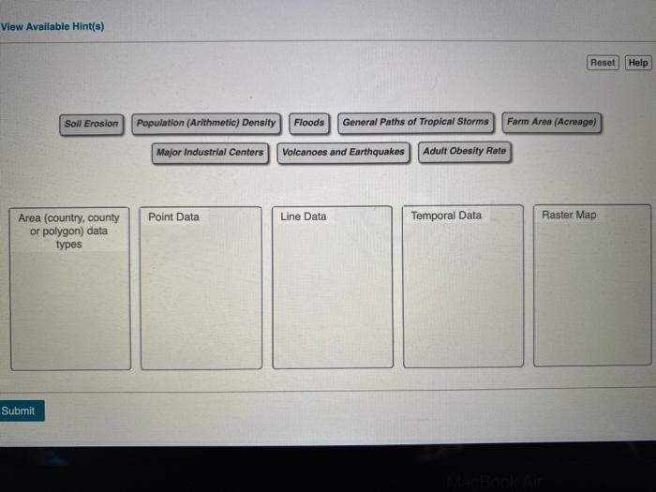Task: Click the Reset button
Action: point(603,63)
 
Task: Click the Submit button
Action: point(19,410)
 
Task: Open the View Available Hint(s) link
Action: point(52,26)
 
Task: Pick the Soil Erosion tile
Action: point(92,123)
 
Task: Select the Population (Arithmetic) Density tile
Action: point(206,122)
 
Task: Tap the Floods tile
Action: point(309,122)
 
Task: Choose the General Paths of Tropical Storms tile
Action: point(416,122)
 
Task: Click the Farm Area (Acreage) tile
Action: point(552,122)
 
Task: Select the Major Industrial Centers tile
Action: point(211,152)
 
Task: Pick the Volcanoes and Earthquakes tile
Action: point(344,152)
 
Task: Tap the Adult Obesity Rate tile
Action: point(465,151)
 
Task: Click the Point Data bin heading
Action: point(174,216)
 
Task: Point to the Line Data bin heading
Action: point(304,216)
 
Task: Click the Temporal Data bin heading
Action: point(446,216)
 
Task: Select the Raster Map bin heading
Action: point(569,215)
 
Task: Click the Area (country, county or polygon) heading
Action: point(69,231)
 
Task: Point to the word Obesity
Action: point(468,151)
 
